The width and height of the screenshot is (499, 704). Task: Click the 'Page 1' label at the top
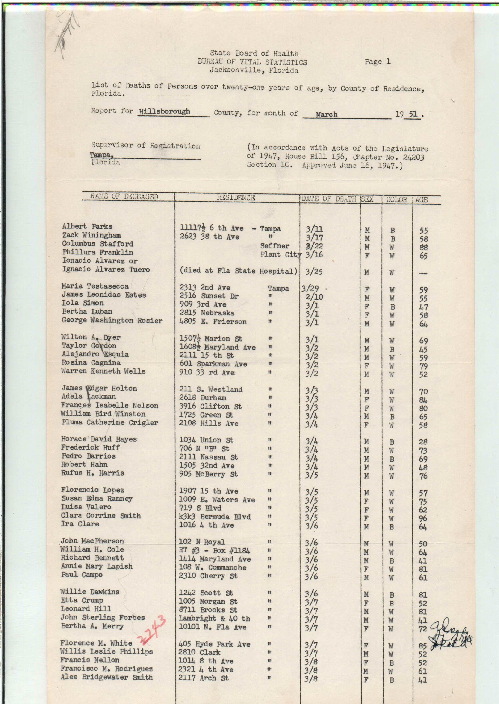(377, 62)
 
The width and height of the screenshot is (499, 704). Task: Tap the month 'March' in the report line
(326, 114)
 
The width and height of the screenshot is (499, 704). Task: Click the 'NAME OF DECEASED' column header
(124, 196)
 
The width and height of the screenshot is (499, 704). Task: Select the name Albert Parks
(87, 227)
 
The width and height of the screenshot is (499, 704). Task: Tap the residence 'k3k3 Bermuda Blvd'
(215, 517)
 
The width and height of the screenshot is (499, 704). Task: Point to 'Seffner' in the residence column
(275, 246)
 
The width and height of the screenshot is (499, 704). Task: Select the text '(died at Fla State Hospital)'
(239, 271)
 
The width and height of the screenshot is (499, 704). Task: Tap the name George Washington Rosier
(112, 320)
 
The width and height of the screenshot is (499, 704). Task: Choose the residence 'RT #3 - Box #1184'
(215, 550)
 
